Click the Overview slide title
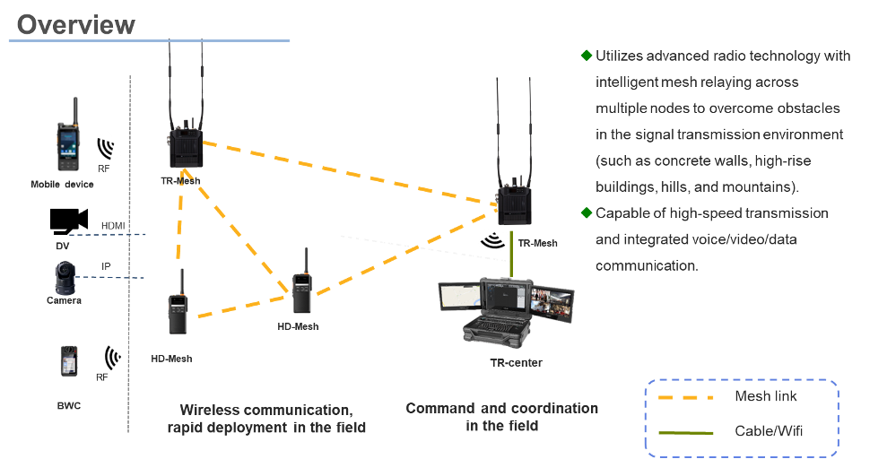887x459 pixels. [x=75, y=24]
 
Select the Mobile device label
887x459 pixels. [x=62, y=185]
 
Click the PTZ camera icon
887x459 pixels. [x=64, y=279]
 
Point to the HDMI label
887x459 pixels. [x=112, y=226]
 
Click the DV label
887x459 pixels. [x=62, y=245]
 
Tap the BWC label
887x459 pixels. [x=68, y=405]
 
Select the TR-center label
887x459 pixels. [x=516, y=362]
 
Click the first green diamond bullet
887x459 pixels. [x=587, y=56]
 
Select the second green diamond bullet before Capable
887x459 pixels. [x=587, y=213]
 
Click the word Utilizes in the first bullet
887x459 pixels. [x=621, y=56]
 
